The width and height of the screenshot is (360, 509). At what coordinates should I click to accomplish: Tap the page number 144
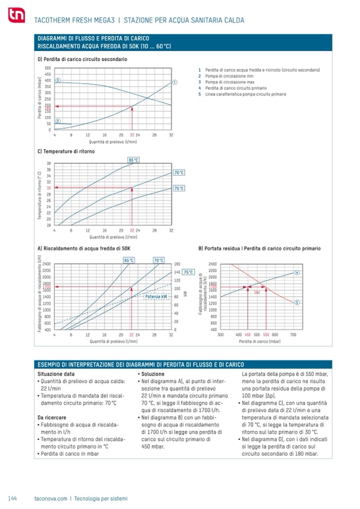click(x=13, y=498)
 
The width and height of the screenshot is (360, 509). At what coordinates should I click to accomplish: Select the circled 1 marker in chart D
click(x=175, y=82)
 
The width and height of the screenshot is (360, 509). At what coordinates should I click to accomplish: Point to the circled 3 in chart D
click(x=57, y=80)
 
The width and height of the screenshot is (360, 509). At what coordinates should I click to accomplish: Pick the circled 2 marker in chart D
click(x=57, y=121)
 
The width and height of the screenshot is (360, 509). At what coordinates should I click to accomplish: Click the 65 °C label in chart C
click(x=133, y=160)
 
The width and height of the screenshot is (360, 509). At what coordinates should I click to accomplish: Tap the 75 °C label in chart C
click(x=179, y=188)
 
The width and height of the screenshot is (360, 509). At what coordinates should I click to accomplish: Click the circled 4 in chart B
click(x=297, y=272)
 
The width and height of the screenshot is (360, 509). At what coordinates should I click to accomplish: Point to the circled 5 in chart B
click(x=297, y=302)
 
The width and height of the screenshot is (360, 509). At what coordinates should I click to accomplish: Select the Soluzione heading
click(x=152, y=374)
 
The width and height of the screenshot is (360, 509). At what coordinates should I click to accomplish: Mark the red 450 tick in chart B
click(x=247, y=335)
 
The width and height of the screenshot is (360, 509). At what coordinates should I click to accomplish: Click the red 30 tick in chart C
click(x=48, y=188)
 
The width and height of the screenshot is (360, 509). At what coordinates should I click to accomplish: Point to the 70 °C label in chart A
click(x=159, y=260)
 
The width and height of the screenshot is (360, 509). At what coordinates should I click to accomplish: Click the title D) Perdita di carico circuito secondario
click(x=82, y=59)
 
